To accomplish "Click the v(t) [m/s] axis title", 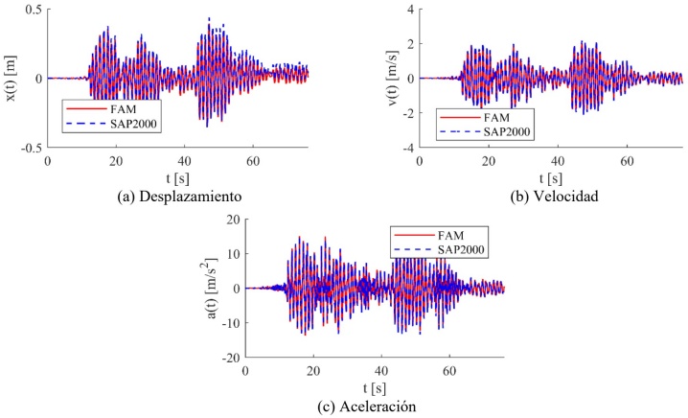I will pos(365,79).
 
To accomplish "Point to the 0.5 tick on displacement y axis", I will pos(31,10).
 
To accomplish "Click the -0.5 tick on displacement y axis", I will pos(29,148).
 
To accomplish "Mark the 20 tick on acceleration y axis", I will pos(230,220).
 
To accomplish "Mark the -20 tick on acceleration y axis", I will pos(228,357).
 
